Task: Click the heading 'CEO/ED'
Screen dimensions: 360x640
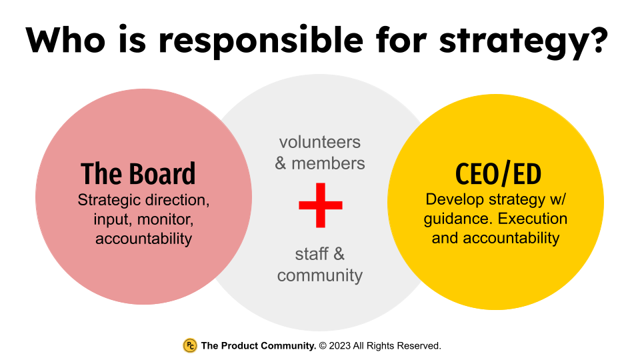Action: [498, 174]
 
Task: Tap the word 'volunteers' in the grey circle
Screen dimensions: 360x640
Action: [320, 142]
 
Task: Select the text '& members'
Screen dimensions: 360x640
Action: [320, 163]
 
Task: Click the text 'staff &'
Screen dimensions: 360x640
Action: [320, 254]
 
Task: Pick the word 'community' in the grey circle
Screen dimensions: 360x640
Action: [320, 275]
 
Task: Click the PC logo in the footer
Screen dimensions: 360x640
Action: [189, 345]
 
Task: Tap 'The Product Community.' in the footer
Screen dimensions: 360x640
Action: [259, 346]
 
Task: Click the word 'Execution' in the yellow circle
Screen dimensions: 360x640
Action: [533, 219]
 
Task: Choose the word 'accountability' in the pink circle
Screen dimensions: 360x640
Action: [143, 238]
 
